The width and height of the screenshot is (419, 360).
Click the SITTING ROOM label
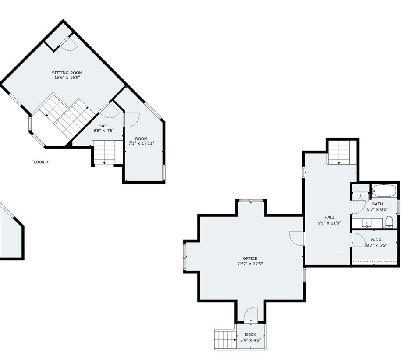point(67,73)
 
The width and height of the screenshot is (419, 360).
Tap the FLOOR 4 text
point(40,162)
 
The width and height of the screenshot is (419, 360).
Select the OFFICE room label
point(250,258)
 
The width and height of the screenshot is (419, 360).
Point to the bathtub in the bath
point(384,191)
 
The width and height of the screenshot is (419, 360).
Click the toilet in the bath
point(389,222)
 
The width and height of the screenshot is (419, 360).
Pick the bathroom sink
point(366,223)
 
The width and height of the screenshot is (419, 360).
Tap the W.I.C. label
point(376,240)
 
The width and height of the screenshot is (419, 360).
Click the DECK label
point(251,335)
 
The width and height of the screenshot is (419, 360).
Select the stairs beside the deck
point(225,339)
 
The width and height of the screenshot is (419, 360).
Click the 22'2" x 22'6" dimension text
point(250,264)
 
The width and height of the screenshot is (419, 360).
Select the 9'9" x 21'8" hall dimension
point(330,223)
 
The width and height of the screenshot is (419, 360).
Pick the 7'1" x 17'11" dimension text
point(142,143)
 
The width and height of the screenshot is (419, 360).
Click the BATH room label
point(377,204)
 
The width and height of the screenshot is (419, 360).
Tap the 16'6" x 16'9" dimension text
point(67,78)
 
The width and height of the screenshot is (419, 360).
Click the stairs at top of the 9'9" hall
point(339,152)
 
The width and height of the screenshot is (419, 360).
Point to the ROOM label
point(142,138)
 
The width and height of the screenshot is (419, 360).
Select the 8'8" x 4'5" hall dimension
point(104,131)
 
